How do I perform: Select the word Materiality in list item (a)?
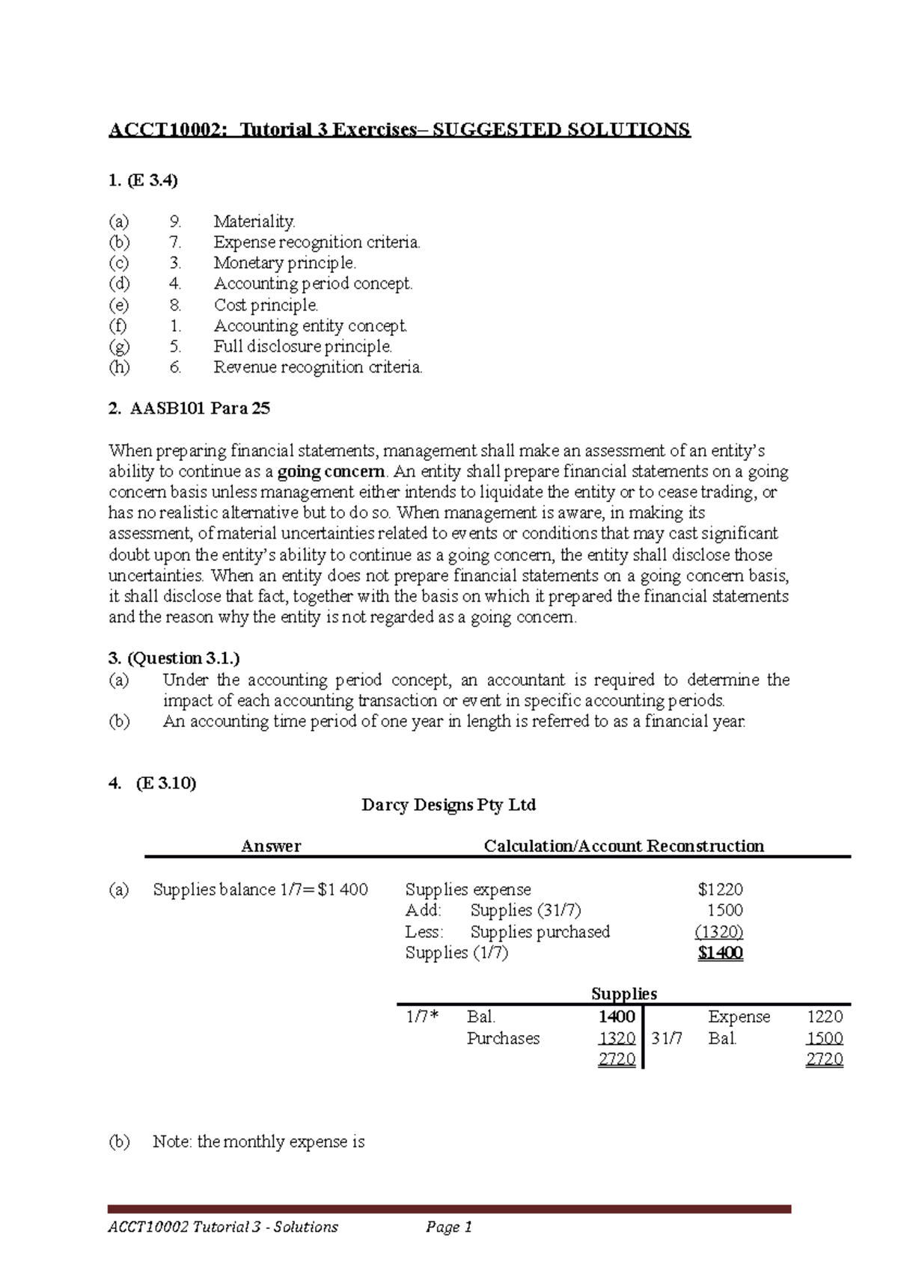(x=254, y=221)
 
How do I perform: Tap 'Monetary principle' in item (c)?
(x=284, y=263)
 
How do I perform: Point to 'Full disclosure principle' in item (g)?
(x=302, y=346)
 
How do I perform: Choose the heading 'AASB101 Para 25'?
(x=200, y=408)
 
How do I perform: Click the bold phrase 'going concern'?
(x=331, y=472)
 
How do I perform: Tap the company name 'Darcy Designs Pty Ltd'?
(x=448, y=805)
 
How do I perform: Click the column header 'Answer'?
(x=271, y=846)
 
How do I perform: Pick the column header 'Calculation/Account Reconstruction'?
(x=623, y=846)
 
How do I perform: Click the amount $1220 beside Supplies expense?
(x=720, y=889)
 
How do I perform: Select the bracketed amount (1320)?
(x=718, y=931)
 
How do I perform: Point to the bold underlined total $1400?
(x=720, y=953)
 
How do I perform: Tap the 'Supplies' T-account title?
(x=623, y=993)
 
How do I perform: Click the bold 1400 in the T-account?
(x=617, y=1016)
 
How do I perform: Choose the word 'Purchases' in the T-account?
(x=503, y=1038)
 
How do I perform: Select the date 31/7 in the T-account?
(x=667, y=1038)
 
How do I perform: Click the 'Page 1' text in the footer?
(x=448, y=1227)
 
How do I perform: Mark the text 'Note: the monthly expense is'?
(x=258, y=1141)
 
